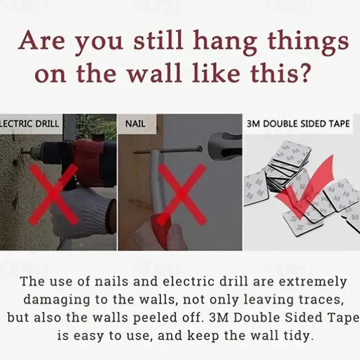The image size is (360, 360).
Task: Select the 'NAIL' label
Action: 135,124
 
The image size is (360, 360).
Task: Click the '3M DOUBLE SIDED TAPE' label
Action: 298,124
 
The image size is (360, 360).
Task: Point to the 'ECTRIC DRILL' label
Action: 30,124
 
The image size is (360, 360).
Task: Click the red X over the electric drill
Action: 53,194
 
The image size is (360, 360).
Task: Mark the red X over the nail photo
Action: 181,194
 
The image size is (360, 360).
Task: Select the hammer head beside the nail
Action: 224,144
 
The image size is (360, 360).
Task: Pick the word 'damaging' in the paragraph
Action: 57,300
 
